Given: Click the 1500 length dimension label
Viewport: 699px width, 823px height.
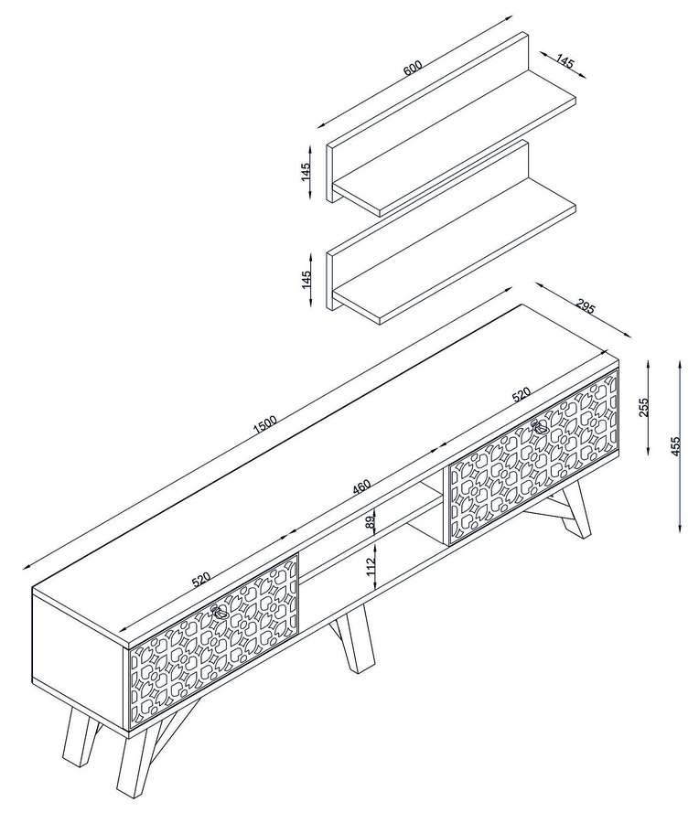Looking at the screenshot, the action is [264, 424].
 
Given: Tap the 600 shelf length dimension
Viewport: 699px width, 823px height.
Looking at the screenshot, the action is [413, 69].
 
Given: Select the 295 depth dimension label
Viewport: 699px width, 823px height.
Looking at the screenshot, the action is [585, 305].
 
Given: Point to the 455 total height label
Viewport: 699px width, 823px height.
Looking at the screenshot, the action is [675, 445].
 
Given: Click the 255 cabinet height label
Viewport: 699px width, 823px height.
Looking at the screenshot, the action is [644, 407].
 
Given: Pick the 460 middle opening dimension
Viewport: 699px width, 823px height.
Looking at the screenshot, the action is [361, 487].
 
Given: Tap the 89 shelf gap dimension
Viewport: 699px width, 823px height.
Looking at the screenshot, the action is [371, 522].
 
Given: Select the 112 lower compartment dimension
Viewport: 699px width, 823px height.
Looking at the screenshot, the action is [371, 566].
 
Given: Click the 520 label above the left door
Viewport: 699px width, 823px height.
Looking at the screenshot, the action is [200, 580].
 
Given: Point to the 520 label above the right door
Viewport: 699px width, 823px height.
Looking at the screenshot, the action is [521, 395].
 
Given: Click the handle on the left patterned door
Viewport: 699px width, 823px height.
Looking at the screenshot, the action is [219, 612].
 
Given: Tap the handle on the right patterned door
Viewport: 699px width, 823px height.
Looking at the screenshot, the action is [540, 427].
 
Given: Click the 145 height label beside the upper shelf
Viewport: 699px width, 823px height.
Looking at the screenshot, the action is [306, 172].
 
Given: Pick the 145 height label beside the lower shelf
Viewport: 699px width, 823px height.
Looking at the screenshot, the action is [306, 279].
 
